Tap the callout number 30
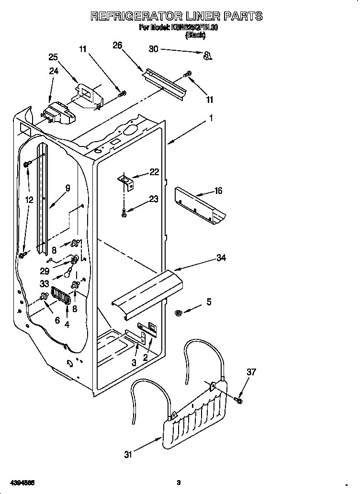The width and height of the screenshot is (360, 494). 153,49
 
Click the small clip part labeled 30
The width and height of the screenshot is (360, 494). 207,56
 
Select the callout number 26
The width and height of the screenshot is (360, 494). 117,45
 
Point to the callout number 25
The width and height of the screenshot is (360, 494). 53,57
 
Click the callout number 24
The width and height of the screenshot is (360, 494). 53,71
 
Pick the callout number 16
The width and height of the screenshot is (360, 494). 218,191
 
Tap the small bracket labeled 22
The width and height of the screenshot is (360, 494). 126,180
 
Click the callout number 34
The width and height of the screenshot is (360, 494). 221,258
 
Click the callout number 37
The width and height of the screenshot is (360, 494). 251,371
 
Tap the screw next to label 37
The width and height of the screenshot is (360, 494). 239,399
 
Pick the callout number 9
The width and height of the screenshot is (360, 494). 67,188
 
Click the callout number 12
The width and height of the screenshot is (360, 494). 29,200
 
